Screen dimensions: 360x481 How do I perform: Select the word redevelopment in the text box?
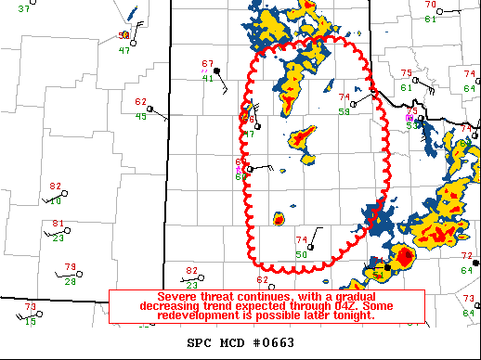click(x=176, y=315)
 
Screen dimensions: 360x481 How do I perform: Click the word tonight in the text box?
click(x=356, y=315)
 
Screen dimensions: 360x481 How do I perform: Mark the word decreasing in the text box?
click(x=173, y=305)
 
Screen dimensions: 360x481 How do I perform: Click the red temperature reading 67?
click(x=208, y=64)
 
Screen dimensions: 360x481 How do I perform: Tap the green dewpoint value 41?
click(x=209, y=78)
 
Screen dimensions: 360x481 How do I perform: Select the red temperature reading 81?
click(x=58, y=224)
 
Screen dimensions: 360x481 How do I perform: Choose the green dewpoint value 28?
click(x=71, y=281)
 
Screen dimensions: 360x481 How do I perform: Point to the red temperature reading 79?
click(x=71, y=267)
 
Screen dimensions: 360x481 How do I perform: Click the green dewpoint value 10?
click(x=57, y=200)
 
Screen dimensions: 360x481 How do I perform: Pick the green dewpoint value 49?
click(x=141, y=116)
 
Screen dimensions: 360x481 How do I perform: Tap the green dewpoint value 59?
click(x=344, y=111)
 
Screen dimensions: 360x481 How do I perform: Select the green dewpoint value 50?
click(x=301, y=255)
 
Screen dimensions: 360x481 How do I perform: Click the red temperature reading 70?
click(x=429, y=5)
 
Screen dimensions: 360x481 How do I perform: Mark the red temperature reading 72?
click(x=466, y=255)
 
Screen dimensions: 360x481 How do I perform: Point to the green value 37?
click(x=23, y=7)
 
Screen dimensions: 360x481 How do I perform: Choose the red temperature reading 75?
click(x=406, y=73)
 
